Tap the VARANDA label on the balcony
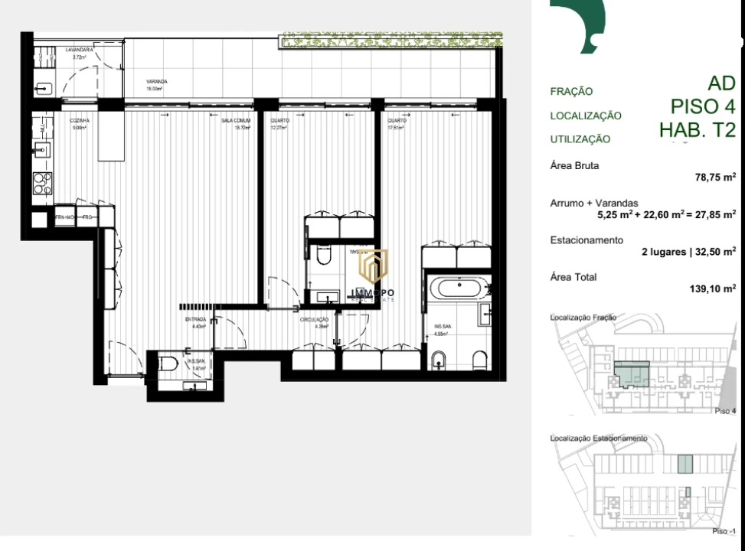pyautogui.click(x=157, y=82)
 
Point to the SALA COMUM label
pyautogui.click(x=236, y=121)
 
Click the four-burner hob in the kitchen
pyautogui.click(x=43, y=183)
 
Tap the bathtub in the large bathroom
pyautogui.click(x=456, y=289)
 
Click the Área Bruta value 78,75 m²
pyautogui.click(x=715, y=177)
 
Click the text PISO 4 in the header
pyautogui.click(x=703, y=106)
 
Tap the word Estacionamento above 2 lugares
pyautogui.click(x=587, y=240)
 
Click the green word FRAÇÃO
pyautogui.click(x=571, y=92)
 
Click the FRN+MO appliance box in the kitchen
pyautogui.click(x=64, y=217)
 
